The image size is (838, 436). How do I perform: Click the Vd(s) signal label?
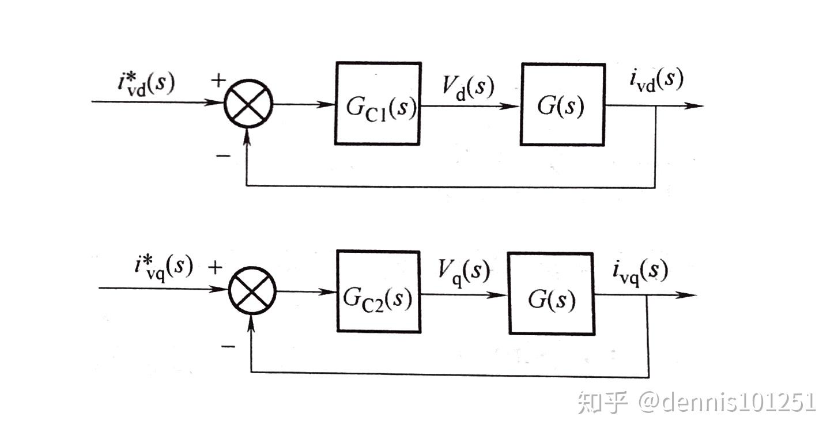[x=468, y=88]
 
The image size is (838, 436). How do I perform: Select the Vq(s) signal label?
[x=464, y=273]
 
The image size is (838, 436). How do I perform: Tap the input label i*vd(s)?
[x=146, y=84]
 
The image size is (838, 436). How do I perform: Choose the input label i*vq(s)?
[x=164, y=268]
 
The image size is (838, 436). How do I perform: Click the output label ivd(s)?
[x=656, y=80]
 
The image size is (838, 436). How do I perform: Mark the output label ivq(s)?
[x=640, y=272]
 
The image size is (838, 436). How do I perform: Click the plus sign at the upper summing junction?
[x=218, y=81]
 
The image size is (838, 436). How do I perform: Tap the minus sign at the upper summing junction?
[x=224, y=156]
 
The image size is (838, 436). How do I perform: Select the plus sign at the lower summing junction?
[x=215, y=267]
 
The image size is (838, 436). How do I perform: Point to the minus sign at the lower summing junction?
[x=228, y=347]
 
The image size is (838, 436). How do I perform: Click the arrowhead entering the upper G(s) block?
[x=510, y=106]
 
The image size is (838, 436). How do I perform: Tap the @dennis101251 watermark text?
[x=727, y=403]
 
